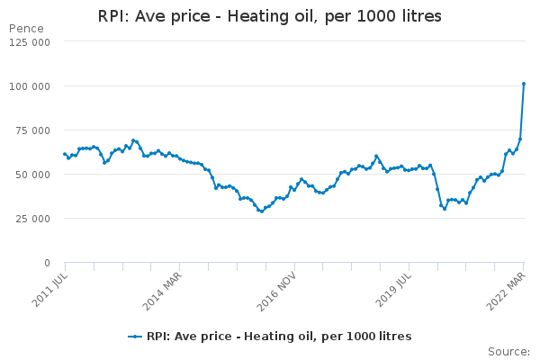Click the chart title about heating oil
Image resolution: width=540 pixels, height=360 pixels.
[x=270, y=16]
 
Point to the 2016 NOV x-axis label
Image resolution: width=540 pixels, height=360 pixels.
[x=279, y=286]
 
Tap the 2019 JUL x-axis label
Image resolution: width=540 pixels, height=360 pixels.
[x=394, y=285]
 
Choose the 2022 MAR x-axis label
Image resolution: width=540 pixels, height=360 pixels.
[x=508, y=286]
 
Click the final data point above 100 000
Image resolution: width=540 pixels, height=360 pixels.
[x=524, y=84]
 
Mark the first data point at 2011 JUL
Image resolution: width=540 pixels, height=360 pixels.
[x=65, y=154]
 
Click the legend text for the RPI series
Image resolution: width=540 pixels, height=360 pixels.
[x=279, y=337]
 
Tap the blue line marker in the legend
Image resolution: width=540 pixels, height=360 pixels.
[x=135, y=337]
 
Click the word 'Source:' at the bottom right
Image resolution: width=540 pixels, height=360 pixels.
[x=508, y=351]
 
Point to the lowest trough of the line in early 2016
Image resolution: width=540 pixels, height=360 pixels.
[x=262, y=211]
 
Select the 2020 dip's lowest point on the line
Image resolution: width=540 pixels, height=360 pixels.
[x=445, y=209]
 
